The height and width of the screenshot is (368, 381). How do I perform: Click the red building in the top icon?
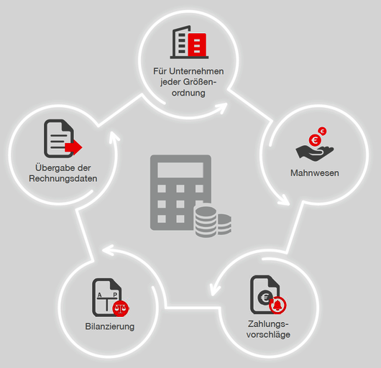pos(197,45)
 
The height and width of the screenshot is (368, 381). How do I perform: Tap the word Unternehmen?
pos(196,71)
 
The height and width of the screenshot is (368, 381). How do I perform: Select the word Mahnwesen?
pos(315,173)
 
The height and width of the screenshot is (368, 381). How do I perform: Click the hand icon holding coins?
pos(315,153)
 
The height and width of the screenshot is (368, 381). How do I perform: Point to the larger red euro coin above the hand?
pos(315,140)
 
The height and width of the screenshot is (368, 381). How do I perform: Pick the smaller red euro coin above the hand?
pos(323,132)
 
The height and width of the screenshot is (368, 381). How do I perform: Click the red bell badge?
pos(277,305)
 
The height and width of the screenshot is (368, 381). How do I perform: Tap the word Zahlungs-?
pos(268,323)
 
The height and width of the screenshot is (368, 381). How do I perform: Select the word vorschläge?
pos(268,334)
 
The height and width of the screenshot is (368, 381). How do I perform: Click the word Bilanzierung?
pos(110,326)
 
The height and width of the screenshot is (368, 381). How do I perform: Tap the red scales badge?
pos(121,308)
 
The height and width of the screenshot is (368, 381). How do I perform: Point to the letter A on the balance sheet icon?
pos(99,295)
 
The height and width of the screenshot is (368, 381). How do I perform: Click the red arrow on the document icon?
pos(73,147)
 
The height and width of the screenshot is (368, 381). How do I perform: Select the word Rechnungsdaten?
pos(63,178)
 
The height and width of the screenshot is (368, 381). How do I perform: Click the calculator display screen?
pos(180,170)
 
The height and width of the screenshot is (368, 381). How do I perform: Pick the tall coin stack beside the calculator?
pos(206,221)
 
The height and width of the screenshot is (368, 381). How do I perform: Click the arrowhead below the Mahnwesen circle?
pos(284,200)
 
